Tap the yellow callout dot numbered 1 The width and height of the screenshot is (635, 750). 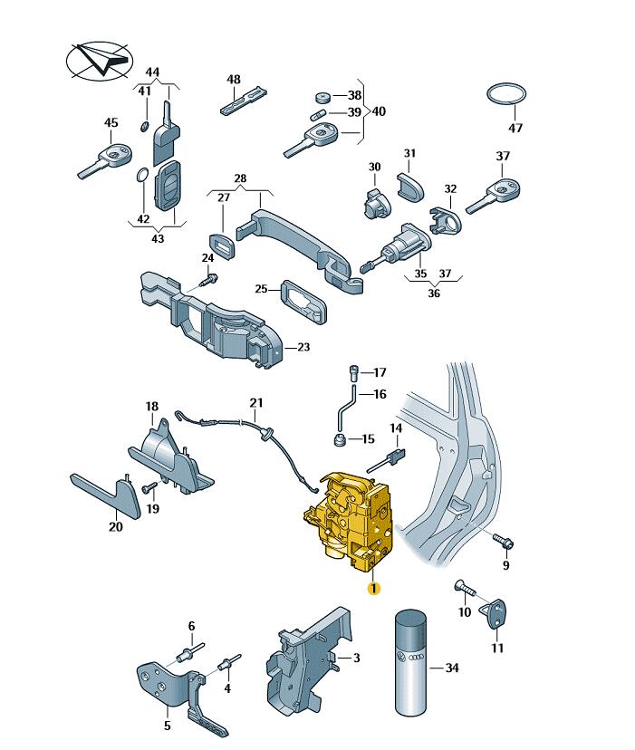click(x=373, y=588)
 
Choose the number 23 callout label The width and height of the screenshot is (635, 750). click(x=303, y=347)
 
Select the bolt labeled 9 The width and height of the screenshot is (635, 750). click(x=505, y=543)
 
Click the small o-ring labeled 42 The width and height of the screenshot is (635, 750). click(x=143, y=175)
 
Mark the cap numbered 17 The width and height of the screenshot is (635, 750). click(x=353, y=371)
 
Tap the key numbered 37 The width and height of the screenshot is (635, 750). click(x=497, y=195)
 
